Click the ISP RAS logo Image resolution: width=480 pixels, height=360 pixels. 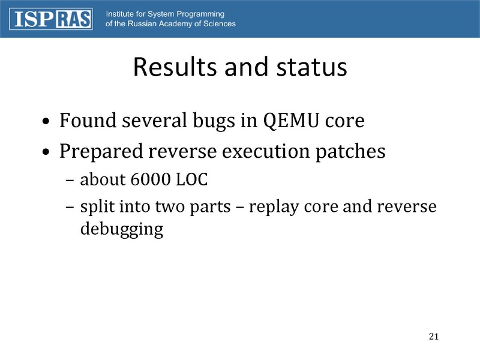(50, 19)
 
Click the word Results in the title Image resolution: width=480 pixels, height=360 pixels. (173, 67)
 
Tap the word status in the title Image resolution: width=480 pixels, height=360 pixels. (307, 67)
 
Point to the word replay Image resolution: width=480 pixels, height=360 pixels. (274, 208)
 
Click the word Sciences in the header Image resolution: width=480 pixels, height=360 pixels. (217, 24)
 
